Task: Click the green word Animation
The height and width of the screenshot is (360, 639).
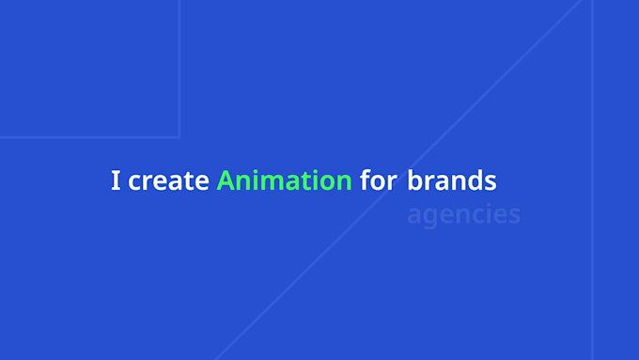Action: pos(284,180)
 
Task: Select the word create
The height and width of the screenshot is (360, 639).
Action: pos(168,181)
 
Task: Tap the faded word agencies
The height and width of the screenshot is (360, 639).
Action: pos(464,215)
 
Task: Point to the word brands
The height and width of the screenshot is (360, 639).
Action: pos(452,180)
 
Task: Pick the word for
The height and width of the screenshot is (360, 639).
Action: pos(379,180)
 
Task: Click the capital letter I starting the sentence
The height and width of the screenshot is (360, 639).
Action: pos(116,180)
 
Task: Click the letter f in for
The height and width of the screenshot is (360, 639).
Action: pos(366,180)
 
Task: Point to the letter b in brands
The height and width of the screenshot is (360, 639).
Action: pos(414,180)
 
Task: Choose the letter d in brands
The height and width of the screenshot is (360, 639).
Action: pos(475,180)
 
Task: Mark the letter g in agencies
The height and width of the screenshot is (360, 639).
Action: pos(430,218)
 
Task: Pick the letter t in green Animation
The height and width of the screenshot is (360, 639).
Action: pos(301,181)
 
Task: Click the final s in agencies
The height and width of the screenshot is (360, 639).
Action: pos(515,216)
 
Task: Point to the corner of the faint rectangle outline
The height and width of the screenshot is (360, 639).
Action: pos(179,137)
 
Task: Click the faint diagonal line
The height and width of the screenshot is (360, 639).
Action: pos(398,180)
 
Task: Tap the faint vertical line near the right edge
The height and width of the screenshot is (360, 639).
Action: pos(592,180)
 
